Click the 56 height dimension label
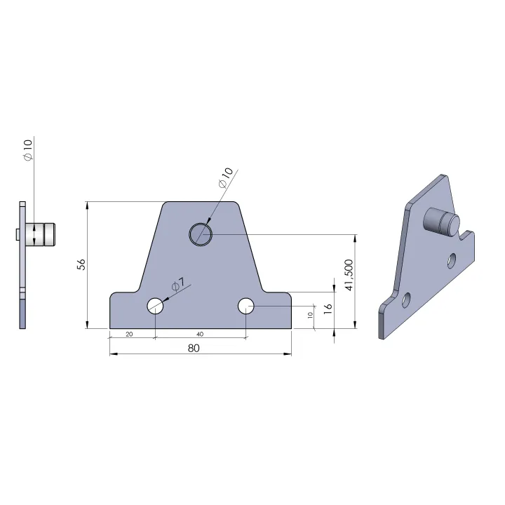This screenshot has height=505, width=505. pos(82,264)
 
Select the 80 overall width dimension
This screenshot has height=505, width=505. pos(194,348)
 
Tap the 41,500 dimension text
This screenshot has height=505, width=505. pos(349,275)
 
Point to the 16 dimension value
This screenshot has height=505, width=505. pos(328,308)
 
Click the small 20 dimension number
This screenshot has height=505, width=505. pos(129,335)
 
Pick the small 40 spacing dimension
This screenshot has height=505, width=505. pos(200,335)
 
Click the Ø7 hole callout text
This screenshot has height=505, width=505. pos(177,284)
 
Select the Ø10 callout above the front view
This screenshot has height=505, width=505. pos(225,177)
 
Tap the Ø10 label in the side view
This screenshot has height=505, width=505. pos(28,150)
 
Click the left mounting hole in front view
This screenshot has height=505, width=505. pos(155,306)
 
